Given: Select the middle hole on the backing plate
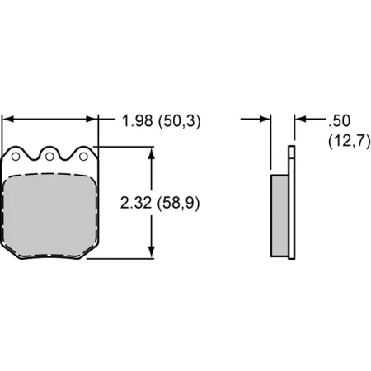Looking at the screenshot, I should tap(49, 154).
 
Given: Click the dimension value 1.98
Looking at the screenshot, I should tap(137, 121).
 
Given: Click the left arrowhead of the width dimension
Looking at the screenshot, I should tap(8, 120).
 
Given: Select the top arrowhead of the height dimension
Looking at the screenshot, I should tap(152, 154).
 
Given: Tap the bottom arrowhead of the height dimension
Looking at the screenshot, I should tap(152, 251).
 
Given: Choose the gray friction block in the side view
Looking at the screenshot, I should tap(279, 214).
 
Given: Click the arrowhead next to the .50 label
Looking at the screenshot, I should tap(300, 120).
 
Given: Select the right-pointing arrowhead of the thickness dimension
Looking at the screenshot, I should tap(265, 120).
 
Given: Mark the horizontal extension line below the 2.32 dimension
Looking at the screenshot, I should tap(124, 258).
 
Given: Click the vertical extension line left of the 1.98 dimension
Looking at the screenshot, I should tap(2, 132).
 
